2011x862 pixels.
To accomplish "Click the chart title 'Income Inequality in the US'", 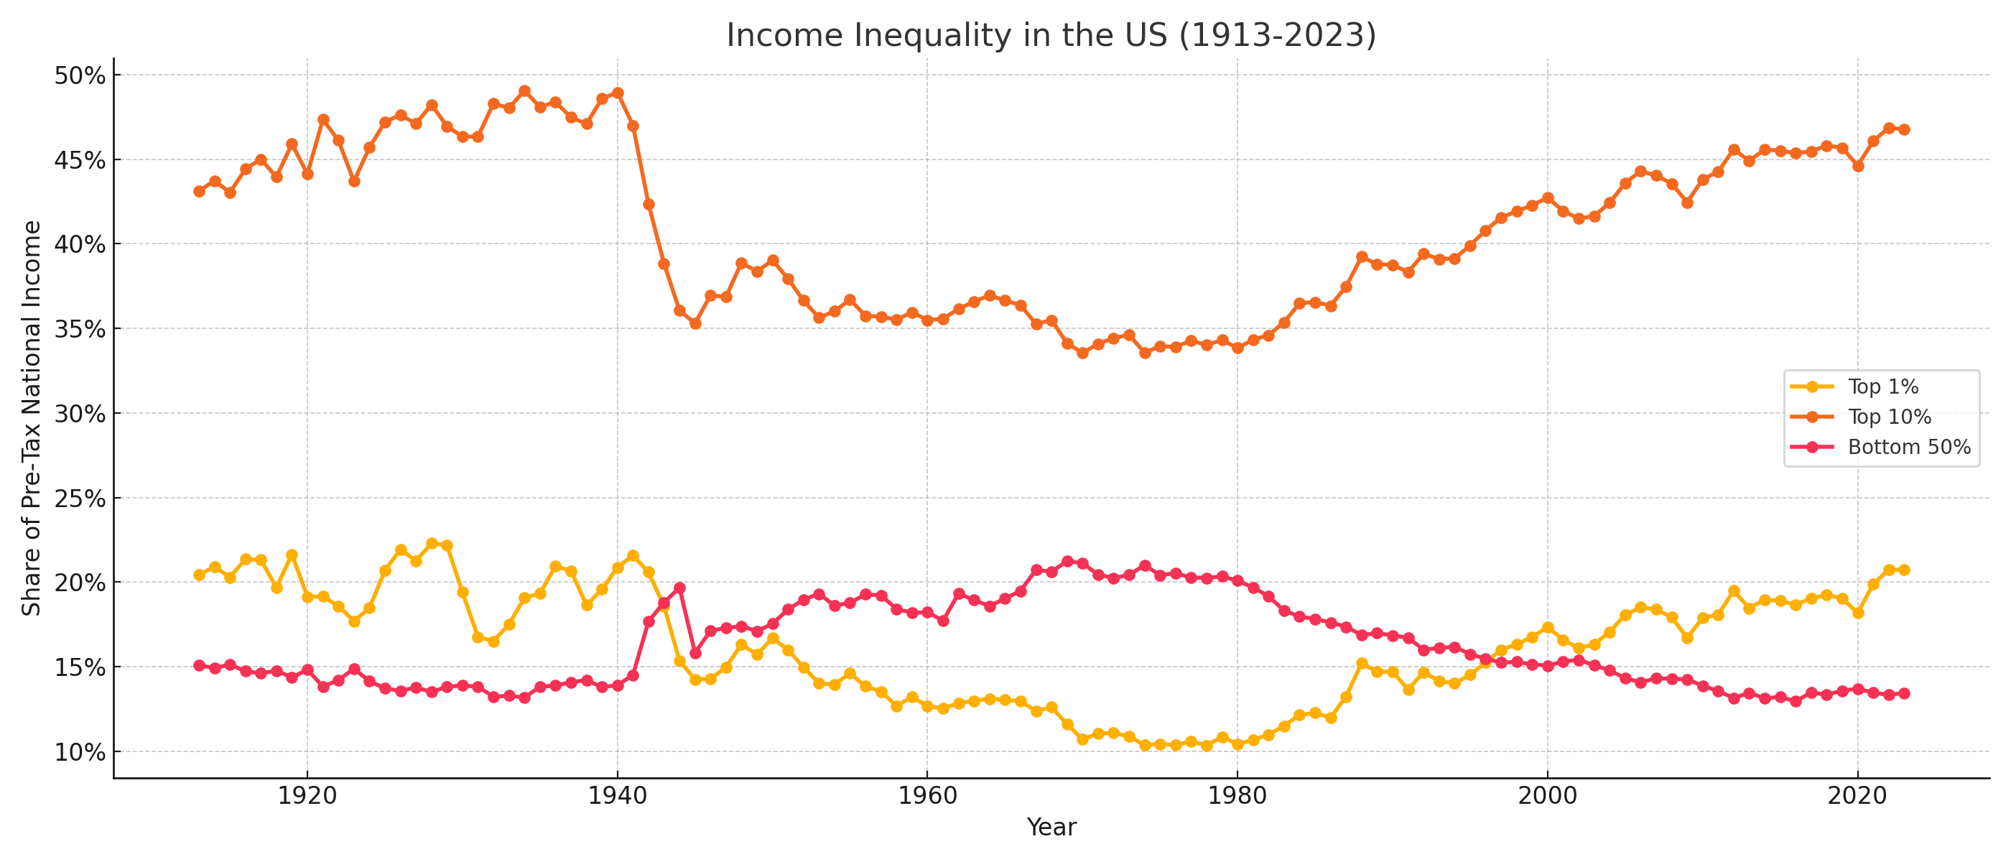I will tap(1051, 36).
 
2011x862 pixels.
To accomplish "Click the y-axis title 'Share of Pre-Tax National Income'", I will tap(31, 418).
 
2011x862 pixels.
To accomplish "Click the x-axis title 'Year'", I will tap(1051, 827).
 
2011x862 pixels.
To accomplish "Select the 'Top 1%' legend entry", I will tap(1883, 386).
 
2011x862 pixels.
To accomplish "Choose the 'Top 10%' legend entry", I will tap(1889, 417).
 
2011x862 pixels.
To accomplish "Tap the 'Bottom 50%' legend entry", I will tap(1909, 448).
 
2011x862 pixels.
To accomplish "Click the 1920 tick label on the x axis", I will tap(307, 796).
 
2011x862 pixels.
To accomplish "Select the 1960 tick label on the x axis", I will tap(927, 796).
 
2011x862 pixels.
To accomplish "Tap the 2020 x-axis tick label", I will tap(1858, 796).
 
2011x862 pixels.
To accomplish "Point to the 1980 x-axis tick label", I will tap(1237, 796).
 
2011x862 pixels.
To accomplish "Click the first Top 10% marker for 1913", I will tap(199, 191).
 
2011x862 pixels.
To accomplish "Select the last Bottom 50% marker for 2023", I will tap(1904, 693).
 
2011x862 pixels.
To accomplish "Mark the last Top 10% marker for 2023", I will tap(1904, 129).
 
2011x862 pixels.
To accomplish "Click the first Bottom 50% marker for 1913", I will tap(199, 665).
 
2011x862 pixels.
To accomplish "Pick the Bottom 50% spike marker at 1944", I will tap(679, 587).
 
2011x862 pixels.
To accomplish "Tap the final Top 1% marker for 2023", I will tap(1904, 570).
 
